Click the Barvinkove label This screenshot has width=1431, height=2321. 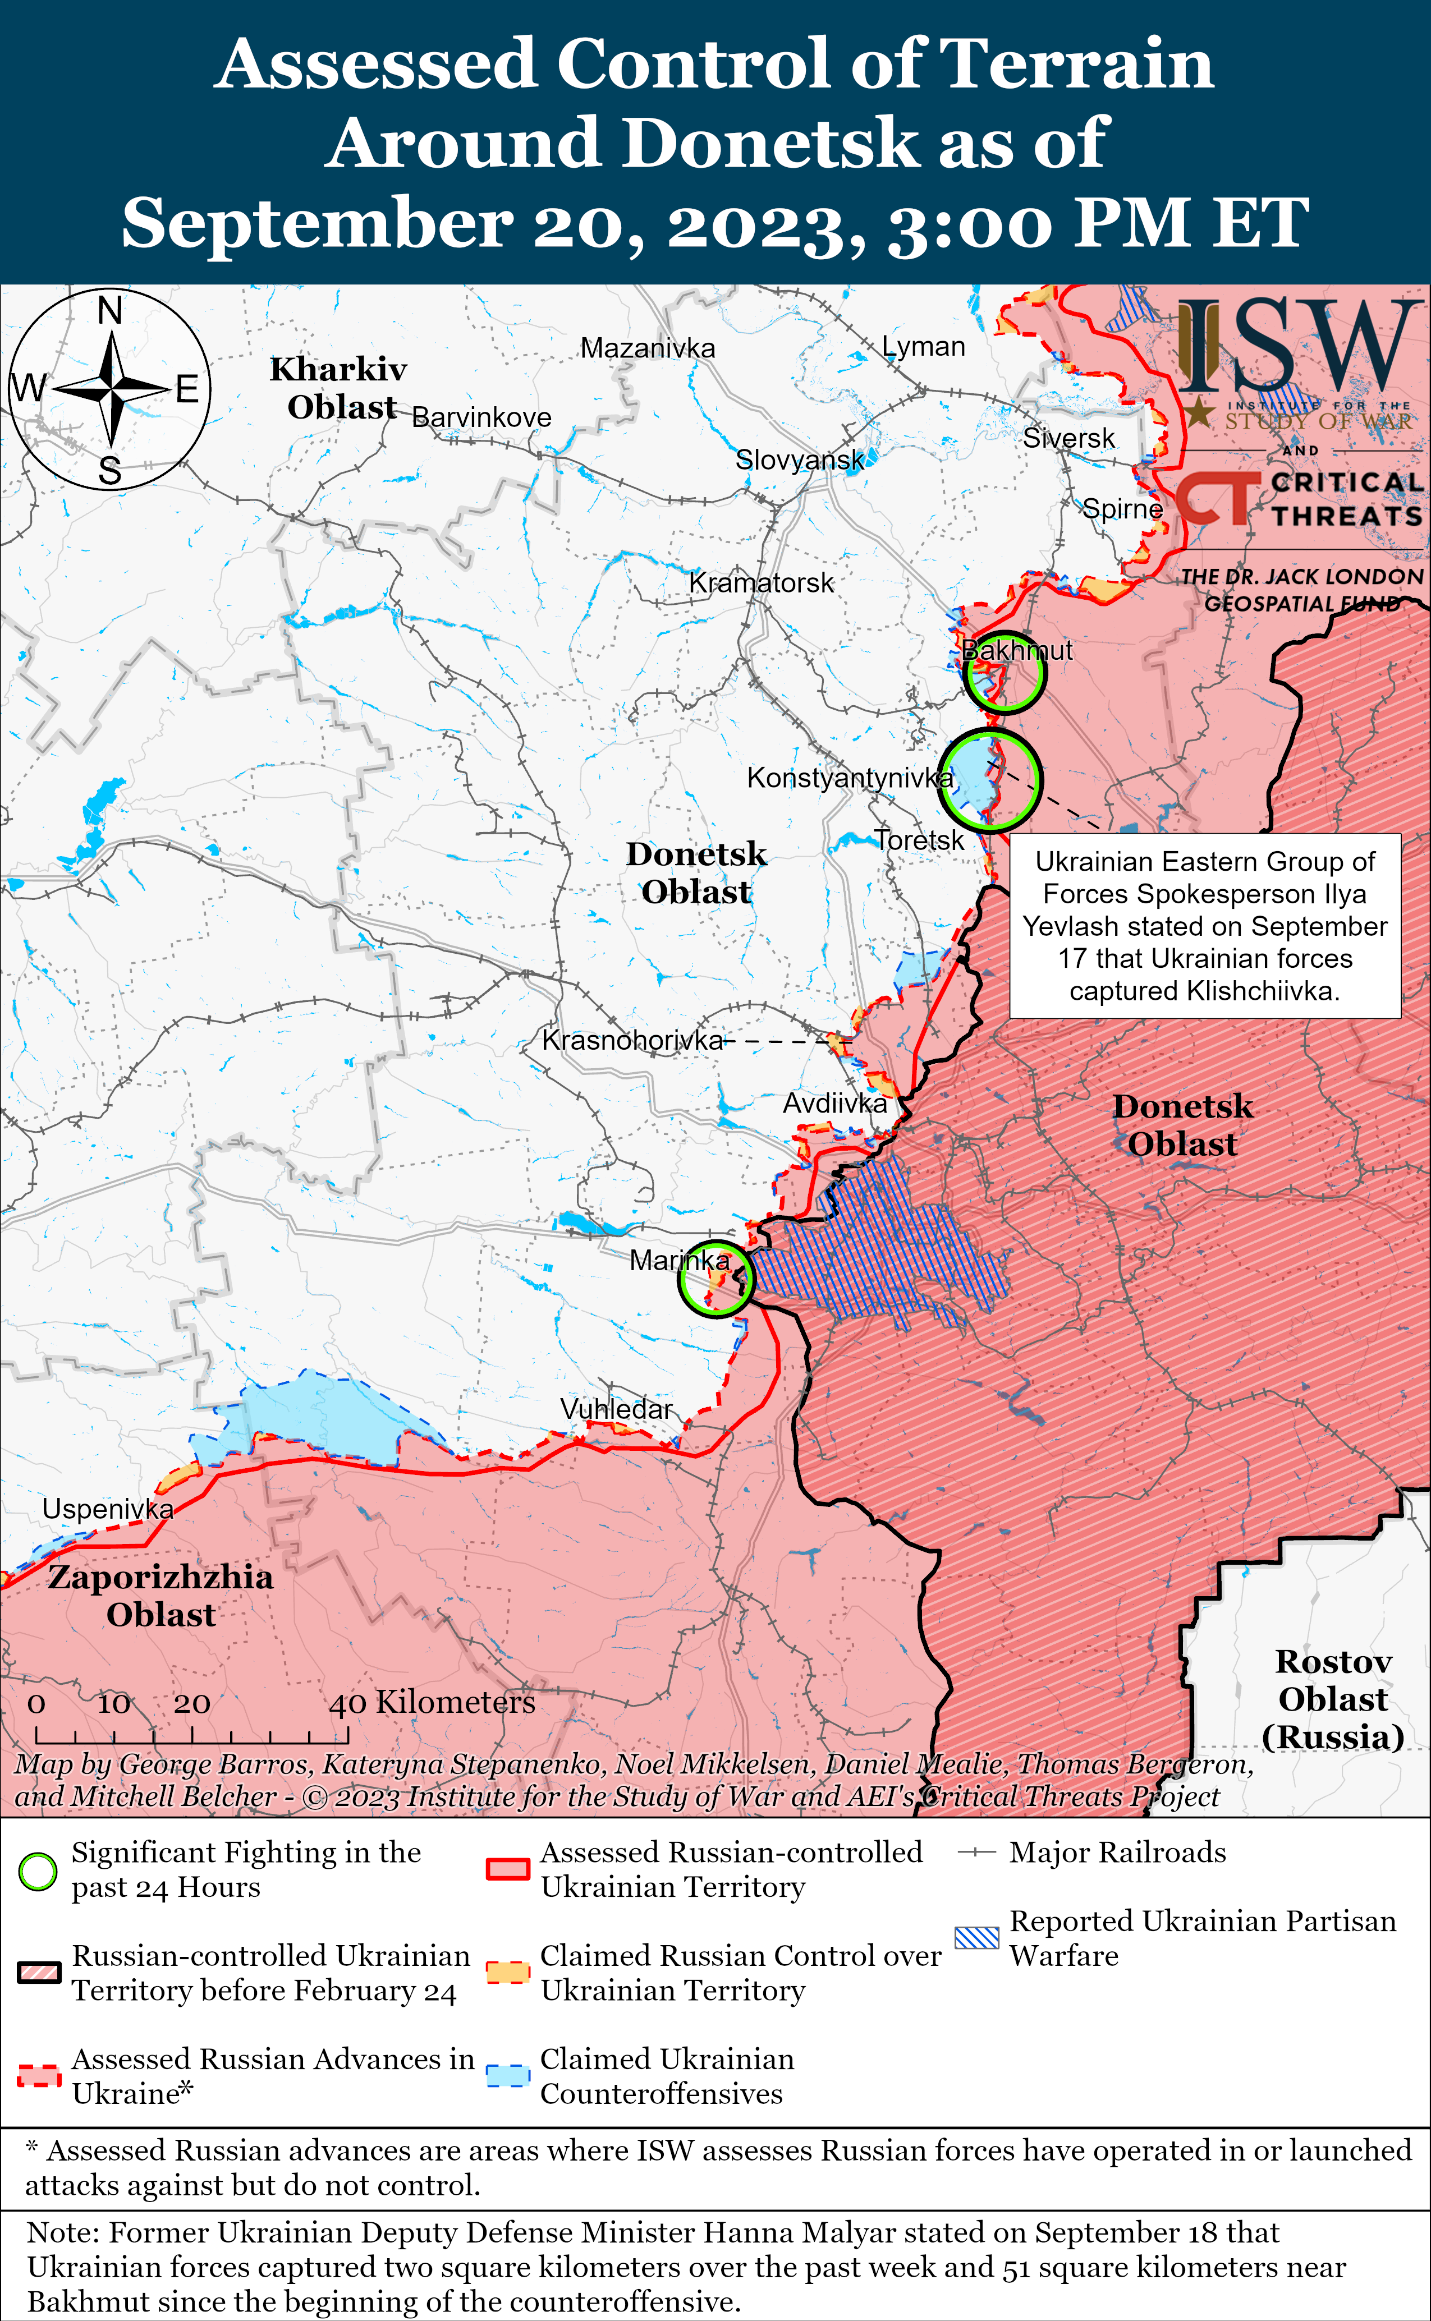(x=481, y=417)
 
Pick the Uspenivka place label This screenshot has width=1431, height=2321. (x=108, y=1509)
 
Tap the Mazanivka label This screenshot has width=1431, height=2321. (x=648, y=348)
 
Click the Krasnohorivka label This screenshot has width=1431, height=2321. (x=632, y=1040)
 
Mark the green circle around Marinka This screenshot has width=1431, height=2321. (x=717, y=1279)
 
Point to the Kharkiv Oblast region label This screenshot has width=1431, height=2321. (x=339, y=388)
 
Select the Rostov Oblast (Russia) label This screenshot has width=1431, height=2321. (x=1333, y=1699)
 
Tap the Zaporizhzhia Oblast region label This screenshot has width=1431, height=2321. (x=161, y=1595)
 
